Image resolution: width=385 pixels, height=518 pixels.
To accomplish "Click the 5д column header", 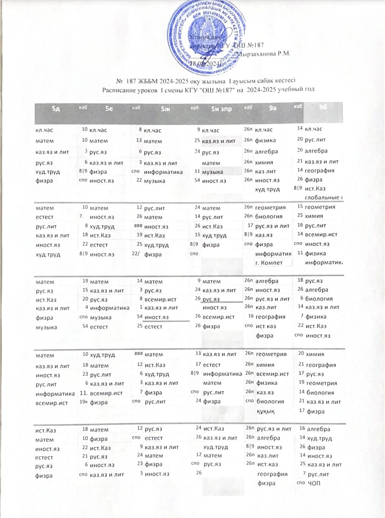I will pyautogui.click(x=56, y=109).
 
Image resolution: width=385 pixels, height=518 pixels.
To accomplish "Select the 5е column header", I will pyautogui.click(x=109, y=109).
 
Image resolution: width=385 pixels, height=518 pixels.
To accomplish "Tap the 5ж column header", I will pyautogui.click(x=165, y=109).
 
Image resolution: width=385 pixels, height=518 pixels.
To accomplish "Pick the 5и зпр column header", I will pyautogui.click(x=221, y=109).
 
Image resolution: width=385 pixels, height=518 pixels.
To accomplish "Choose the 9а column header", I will pyautogui.click(x=273, y=108).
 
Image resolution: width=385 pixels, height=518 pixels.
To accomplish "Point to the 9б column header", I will pyautogui.click(x=323, y=107).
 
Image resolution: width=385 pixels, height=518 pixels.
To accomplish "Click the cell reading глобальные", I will pyautogui.click(x=324, y=198).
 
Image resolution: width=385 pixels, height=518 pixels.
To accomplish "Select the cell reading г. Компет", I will pyautogui.click(x=269, y=263).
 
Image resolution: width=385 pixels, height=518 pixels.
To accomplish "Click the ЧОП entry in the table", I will pyautogui.click(x=314, y=483).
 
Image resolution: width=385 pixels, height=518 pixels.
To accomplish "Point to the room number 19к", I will pyautogui.click(x=83, y=402).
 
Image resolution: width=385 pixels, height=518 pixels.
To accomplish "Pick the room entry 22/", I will pyautogui.click(x=135, y=254).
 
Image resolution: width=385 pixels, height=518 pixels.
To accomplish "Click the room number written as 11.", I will pyautogui.click(x=84, y=393).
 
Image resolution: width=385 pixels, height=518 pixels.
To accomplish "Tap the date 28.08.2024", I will pyautogui.click(x=206, y=63).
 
